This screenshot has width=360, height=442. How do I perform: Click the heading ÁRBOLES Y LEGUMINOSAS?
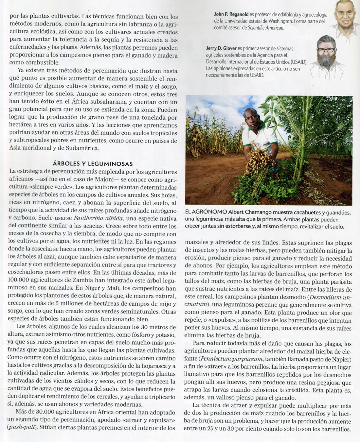click(x=92, y=164)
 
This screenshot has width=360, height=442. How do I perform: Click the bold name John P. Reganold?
click(x=231, y=14)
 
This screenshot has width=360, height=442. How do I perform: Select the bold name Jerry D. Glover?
click(x=221, y=48)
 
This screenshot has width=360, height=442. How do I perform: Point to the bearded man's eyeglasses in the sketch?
click(x=326, y=50)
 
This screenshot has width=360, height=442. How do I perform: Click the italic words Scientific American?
click(x=265, y=28)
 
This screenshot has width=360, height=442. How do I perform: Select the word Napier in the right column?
click(x=342, y=359)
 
